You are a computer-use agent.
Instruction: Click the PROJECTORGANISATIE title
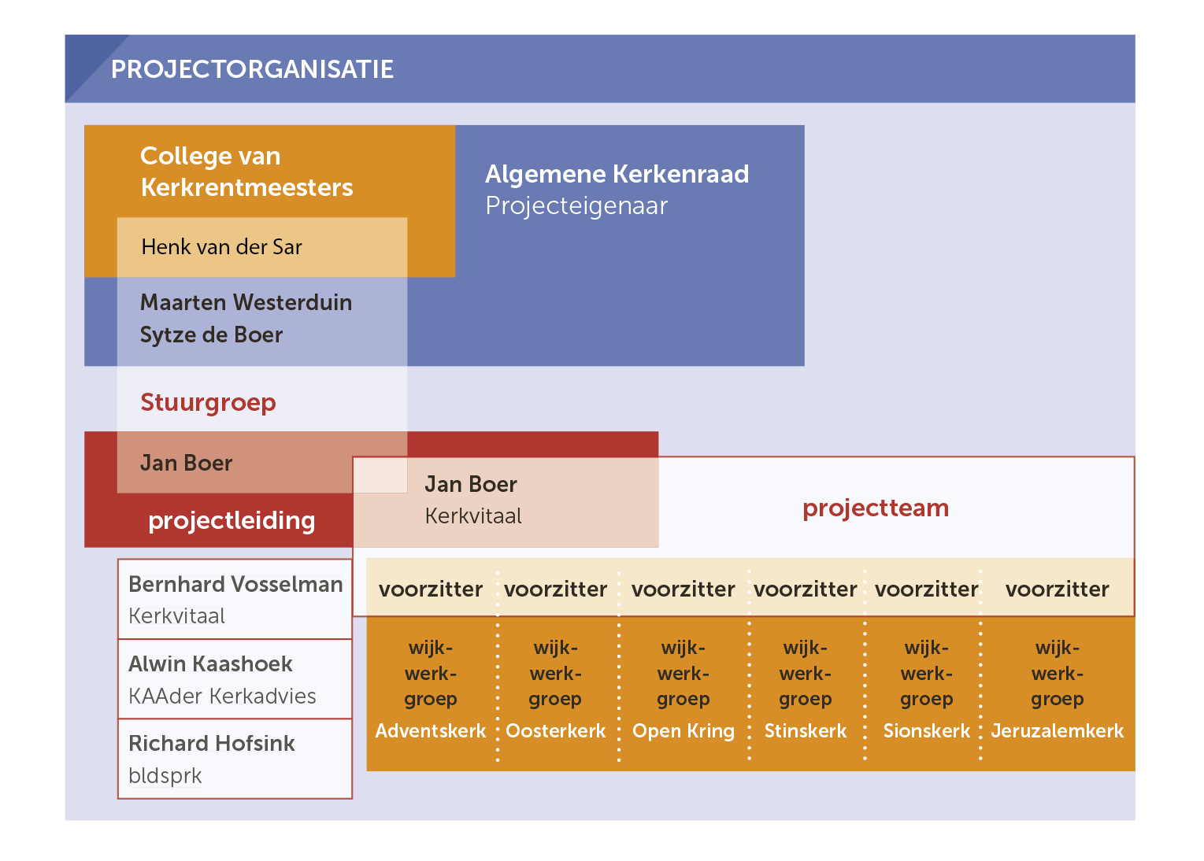point(252,69)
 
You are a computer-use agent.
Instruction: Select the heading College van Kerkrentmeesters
point(246,172)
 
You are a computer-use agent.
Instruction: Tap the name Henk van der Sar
point(221,247)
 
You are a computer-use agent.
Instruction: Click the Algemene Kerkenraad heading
point(617,174)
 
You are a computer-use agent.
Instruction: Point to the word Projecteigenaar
point(576,206)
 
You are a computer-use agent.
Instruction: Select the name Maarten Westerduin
point(246,302)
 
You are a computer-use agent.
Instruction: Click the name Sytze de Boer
point(211,335)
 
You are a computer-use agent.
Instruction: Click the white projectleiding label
point(232,521)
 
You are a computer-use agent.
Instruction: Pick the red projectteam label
point(876,508)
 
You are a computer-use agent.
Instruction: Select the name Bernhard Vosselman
point(235,585)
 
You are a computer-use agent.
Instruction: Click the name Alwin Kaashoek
point(211,664)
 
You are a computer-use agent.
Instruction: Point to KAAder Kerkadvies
point(222,696)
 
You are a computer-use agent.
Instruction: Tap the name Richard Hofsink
point(212,744)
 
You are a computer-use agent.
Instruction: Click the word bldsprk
point(165,776)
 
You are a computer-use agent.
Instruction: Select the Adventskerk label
point(431,731)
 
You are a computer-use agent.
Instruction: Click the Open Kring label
point(684,732)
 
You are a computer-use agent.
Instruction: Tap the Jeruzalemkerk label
point(1058,731)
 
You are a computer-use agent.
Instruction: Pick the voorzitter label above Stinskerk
point(806,589)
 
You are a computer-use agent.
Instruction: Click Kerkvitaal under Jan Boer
point(473,516)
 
